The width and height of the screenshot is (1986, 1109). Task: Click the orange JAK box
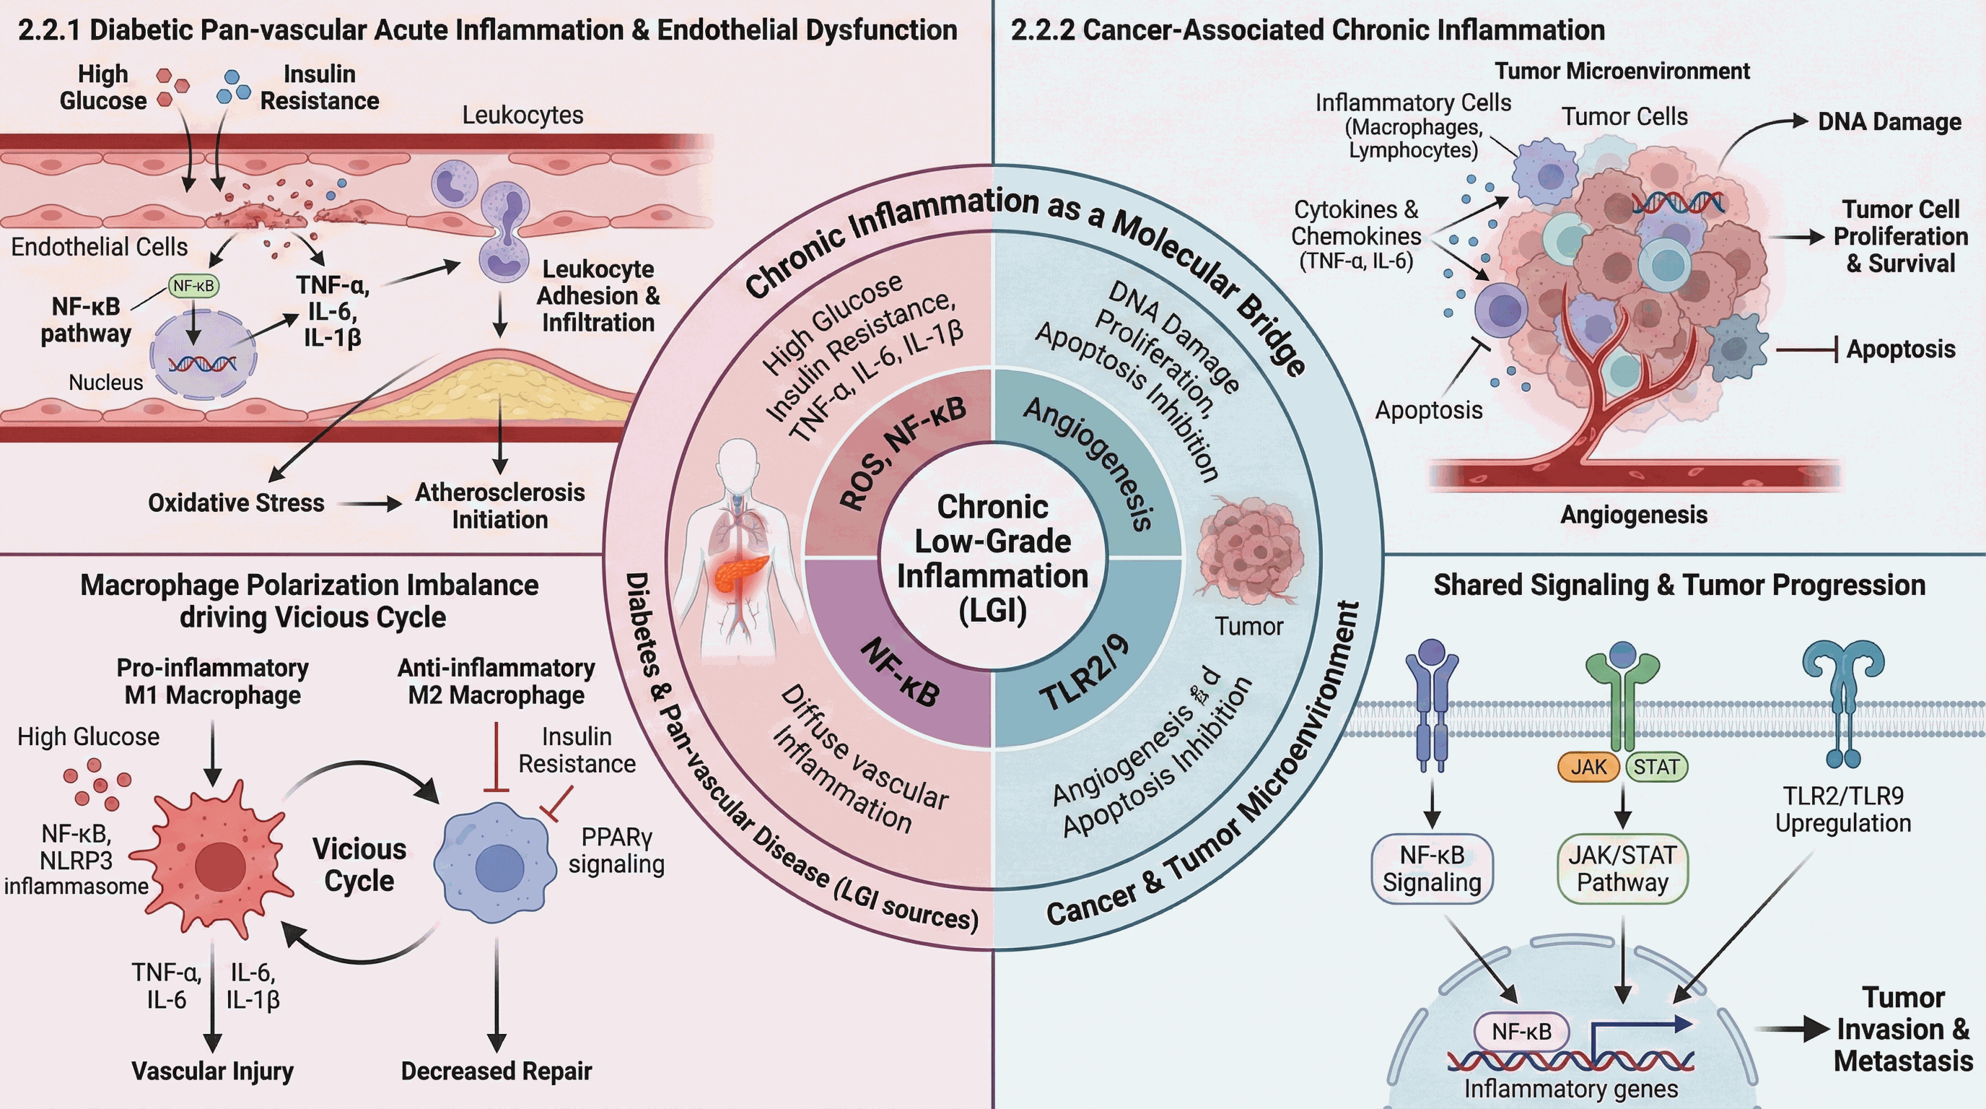click(x=1588, y=767)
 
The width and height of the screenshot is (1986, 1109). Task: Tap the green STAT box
click(x=1656, y=767)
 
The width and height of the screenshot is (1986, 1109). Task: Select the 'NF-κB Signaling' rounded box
click(x=1432, y=869)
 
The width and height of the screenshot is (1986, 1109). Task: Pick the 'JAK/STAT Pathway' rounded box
click(x=1622, y=869)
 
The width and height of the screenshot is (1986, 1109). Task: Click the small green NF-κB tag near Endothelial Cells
click(x=193, y=286)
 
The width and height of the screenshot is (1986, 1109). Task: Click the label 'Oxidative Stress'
click(x=236, y=503)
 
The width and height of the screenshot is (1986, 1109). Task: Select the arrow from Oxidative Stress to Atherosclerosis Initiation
click(x=372, y=505)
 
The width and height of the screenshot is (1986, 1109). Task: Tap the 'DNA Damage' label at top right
click(x=1889, y=121)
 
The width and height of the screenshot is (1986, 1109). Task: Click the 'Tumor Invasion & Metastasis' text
click(x=1903, y=1030)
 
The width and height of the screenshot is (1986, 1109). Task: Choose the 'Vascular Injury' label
click(x=213, y=1071)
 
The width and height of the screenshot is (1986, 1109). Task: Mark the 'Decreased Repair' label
click(x=496, y=1071)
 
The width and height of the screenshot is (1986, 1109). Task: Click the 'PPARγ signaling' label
click(x=616, y=851)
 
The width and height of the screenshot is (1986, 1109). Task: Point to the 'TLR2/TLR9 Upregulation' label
click(x=1842, y=809)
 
